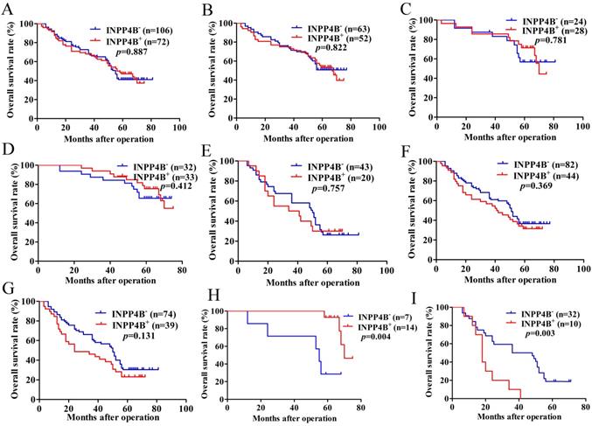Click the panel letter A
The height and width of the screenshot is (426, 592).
click(8, 10)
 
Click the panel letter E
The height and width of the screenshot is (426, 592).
click(205, 151)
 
